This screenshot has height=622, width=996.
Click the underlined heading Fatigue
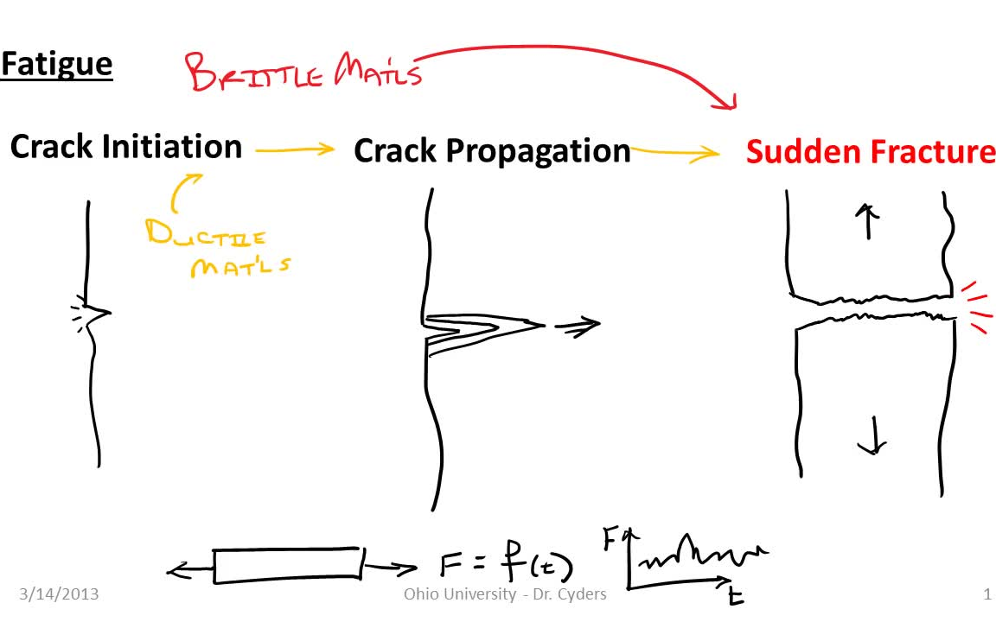click(56, 64)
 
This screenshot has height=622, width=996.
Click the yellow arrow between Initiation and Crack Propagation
click(294, 149)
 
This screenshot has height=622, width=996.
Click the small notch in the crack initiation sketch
click(98, 312)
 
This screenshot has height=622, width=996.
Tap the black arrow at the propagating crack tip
click(578, 326)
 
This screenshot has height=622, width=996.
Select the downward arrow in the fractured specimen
click(872, 435)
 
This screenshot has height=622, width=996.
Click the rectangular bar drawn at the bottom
click(287, 565)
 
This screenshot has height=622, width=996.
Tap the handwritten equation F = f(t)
click(505, 565)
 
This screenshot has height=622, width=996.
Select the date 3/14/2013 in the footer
click(59, 593)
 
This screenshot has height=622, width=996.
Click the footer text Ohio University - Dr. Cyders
click(505, 593)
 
